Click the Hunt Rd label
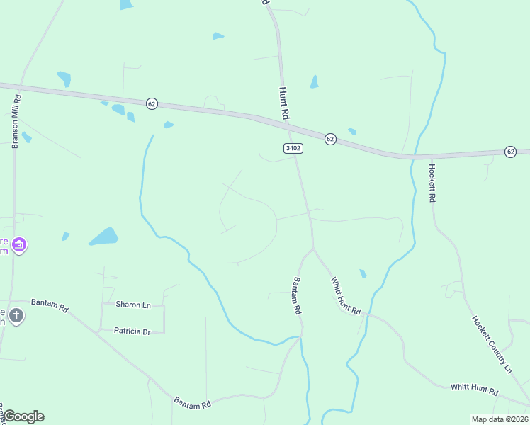click(x=285, y=103)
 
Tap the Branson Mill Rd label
click(x=15, y=121)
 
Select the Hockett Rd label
click(x=432, y=183)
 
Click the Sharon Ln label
click(x=133, y=305)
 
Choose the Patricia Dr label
click(x=133, y=331)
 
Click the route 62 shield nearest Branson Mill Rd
click(x=152, y=103)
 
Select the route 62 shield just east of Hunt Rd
click(x=330, y=139)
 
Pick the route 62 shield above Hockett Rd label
click(x=510, y=152)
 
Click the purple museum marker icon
click(x=19, y=246)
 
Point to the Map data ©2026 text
click(x=499, y=419)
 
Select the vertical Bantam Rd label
click(x=297, y=297)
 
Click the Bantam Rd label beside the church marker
click(x=54, y=307)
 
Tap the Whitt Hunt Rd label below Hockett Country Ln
click(x=474, y=389)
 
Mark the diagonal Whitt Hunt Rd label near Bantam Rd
click(x=345, y=296)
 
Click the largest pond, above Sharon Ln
click(x=104, y=237)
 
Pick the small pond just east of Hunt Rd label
click(x=314, y=82)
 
